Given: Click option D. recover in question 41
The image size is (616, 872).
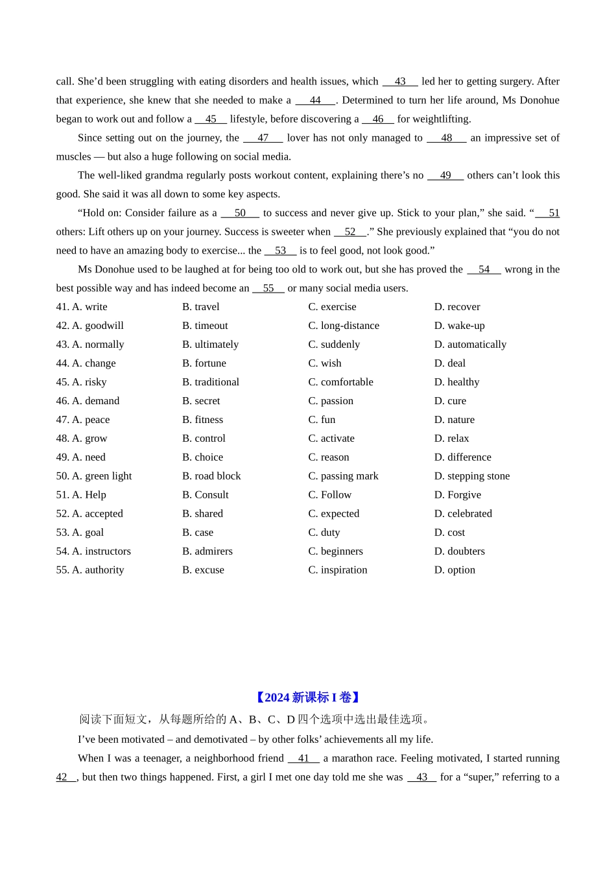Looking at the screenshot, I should pos(457,307).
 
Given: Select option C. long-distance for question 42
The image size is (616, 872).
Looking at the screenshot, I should pos(344,326).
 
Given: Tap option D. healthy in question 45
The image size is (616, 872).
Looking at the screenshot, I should pos(456,382).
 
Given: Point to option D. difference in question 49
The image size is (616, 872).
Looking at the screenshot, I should pos(462,457).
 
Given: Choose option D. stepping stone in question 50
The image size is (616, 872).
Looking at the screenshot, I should pos(471,476).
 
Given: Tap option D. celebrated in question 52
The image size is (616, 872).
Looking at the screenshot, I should pos(463,514).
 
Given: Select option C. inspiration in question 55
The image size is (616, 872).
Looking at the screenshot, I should pos(337,570).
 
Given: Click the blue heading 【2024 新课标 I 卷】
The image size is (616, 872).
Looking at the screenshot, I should pos(307,697).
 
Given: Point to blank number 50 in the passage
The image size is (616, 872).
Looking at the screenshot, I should pos(240,213).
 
